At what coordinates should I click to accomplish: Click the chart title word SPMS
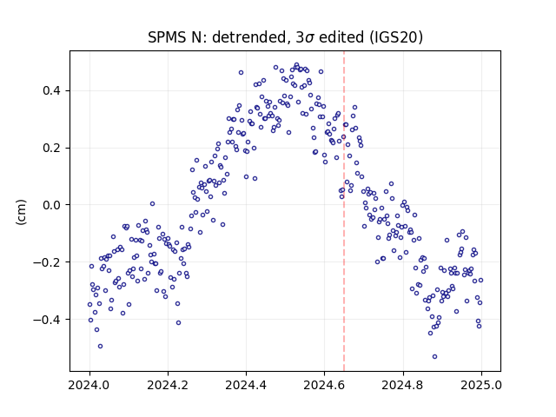[168, 37]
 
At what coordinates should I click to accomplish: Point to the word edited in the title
[341, 37]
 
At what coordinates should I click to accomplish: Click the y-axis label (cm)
[21, 212]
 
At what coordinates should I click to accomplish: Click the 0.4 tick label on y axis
[52, 90]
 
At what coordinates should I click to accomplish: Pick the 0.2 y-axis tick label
[52, 148]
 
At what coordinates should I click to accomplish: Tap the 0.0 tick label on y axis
[52, 205]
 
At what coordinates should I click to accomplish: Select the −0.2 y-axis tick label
[48, 262]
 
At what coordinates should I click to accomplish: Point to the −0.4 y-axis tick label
[48, 320]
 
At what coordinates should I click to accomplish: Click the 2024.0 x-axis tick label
[89, 385]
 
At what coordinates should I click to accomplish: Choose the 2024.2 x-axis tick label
[168, 385]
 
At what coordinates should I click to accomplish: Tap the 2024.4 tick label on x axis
[246, 385]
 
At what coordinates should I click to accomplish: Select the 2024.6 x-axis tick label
[324, 385]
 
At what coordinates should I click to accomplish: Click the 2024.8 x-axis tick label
[403, 385]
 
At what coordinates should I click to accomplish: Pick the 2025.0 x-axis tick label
[481, 385]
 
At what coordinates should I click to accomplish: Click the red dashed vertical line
[344, 211]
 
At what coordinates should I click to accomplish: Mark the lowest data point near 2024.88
[434, 357]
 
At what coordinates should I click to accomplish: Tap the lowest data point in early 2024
[101, 346]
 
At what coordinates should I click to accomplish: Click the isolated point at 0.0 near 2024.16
[153, 204]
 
